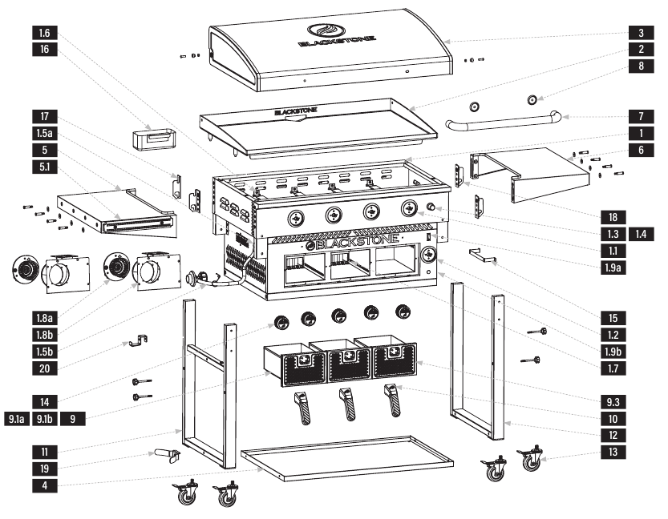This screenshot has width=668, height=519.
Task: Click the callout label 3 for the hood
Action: coord(639,34)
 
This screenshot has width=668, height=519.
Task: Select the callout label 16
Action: coord(44,50)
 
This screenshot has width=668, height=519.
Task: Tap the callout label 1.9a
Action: coord(614,268)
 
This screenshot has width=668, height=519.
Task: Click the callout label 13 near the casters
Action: coord(614,453)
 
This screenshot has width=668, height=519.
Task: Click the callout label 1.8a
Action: coord(44,317)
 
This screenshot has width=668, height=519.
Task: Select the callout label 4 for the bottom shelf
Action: coord(44,484)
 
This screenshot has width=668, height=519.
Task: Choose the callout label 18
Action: coord(614,216)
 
